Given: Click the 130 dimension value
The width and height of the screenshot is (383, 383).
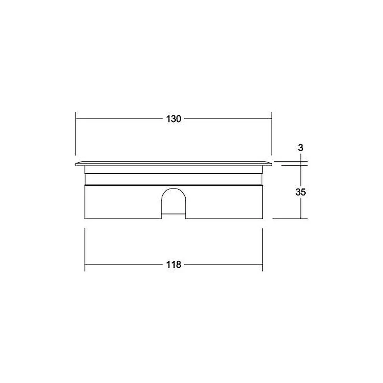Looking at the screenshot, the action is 173,119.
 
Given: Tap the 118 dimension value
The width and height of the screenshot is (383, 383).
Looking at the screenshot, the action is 173,265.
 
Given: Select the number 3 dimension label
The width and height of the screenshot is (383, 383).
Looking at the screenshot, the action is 300,148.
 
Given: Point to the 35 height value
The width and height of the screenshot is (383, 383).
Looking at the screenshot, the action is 300,192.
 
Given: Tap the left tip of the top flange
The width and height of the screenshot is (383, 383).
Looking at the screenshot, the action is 76,164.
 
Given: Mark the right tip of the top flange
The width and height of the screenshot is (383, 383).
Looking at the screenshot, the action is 272,164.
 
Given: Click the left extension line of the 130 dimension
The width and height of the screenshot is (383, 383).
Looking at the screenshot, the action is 76,134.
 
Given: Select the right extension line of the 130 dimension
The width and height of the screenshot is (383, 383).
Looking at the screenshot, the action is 272,134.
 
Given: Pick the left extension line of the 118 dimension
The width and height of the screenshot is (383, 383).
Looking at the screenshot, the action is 85,250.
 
